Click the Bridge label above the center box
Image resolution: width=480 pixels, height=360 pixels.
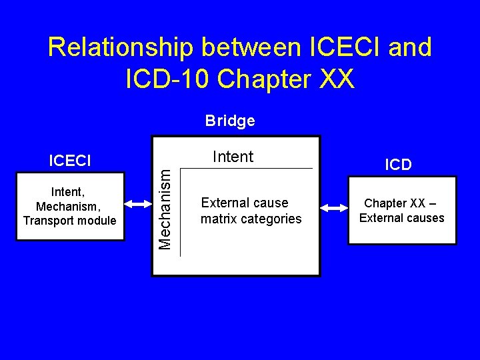tap(230, 121)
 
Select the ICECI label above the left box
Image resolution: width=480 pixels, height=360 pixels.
tap(70, 161)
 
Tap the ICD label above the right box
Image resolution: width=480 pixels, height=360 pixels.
tap(398, 165)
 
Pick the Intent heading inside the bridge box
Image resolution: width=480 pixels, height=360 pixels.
tap(233, 157)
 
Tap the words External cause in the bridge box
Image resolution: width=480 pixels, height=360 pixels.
tap(245, 203)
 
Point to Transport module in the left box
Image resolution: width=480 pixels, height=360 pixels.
tap(69, 221)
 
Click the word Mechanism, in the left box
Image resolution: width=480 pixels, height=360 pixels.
tap(69, 207)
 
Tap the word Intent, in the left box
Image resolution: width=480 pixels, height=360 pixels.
tap(69, 193)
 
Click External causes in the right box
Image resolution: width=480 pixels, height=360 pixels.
tap(401, 218)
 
